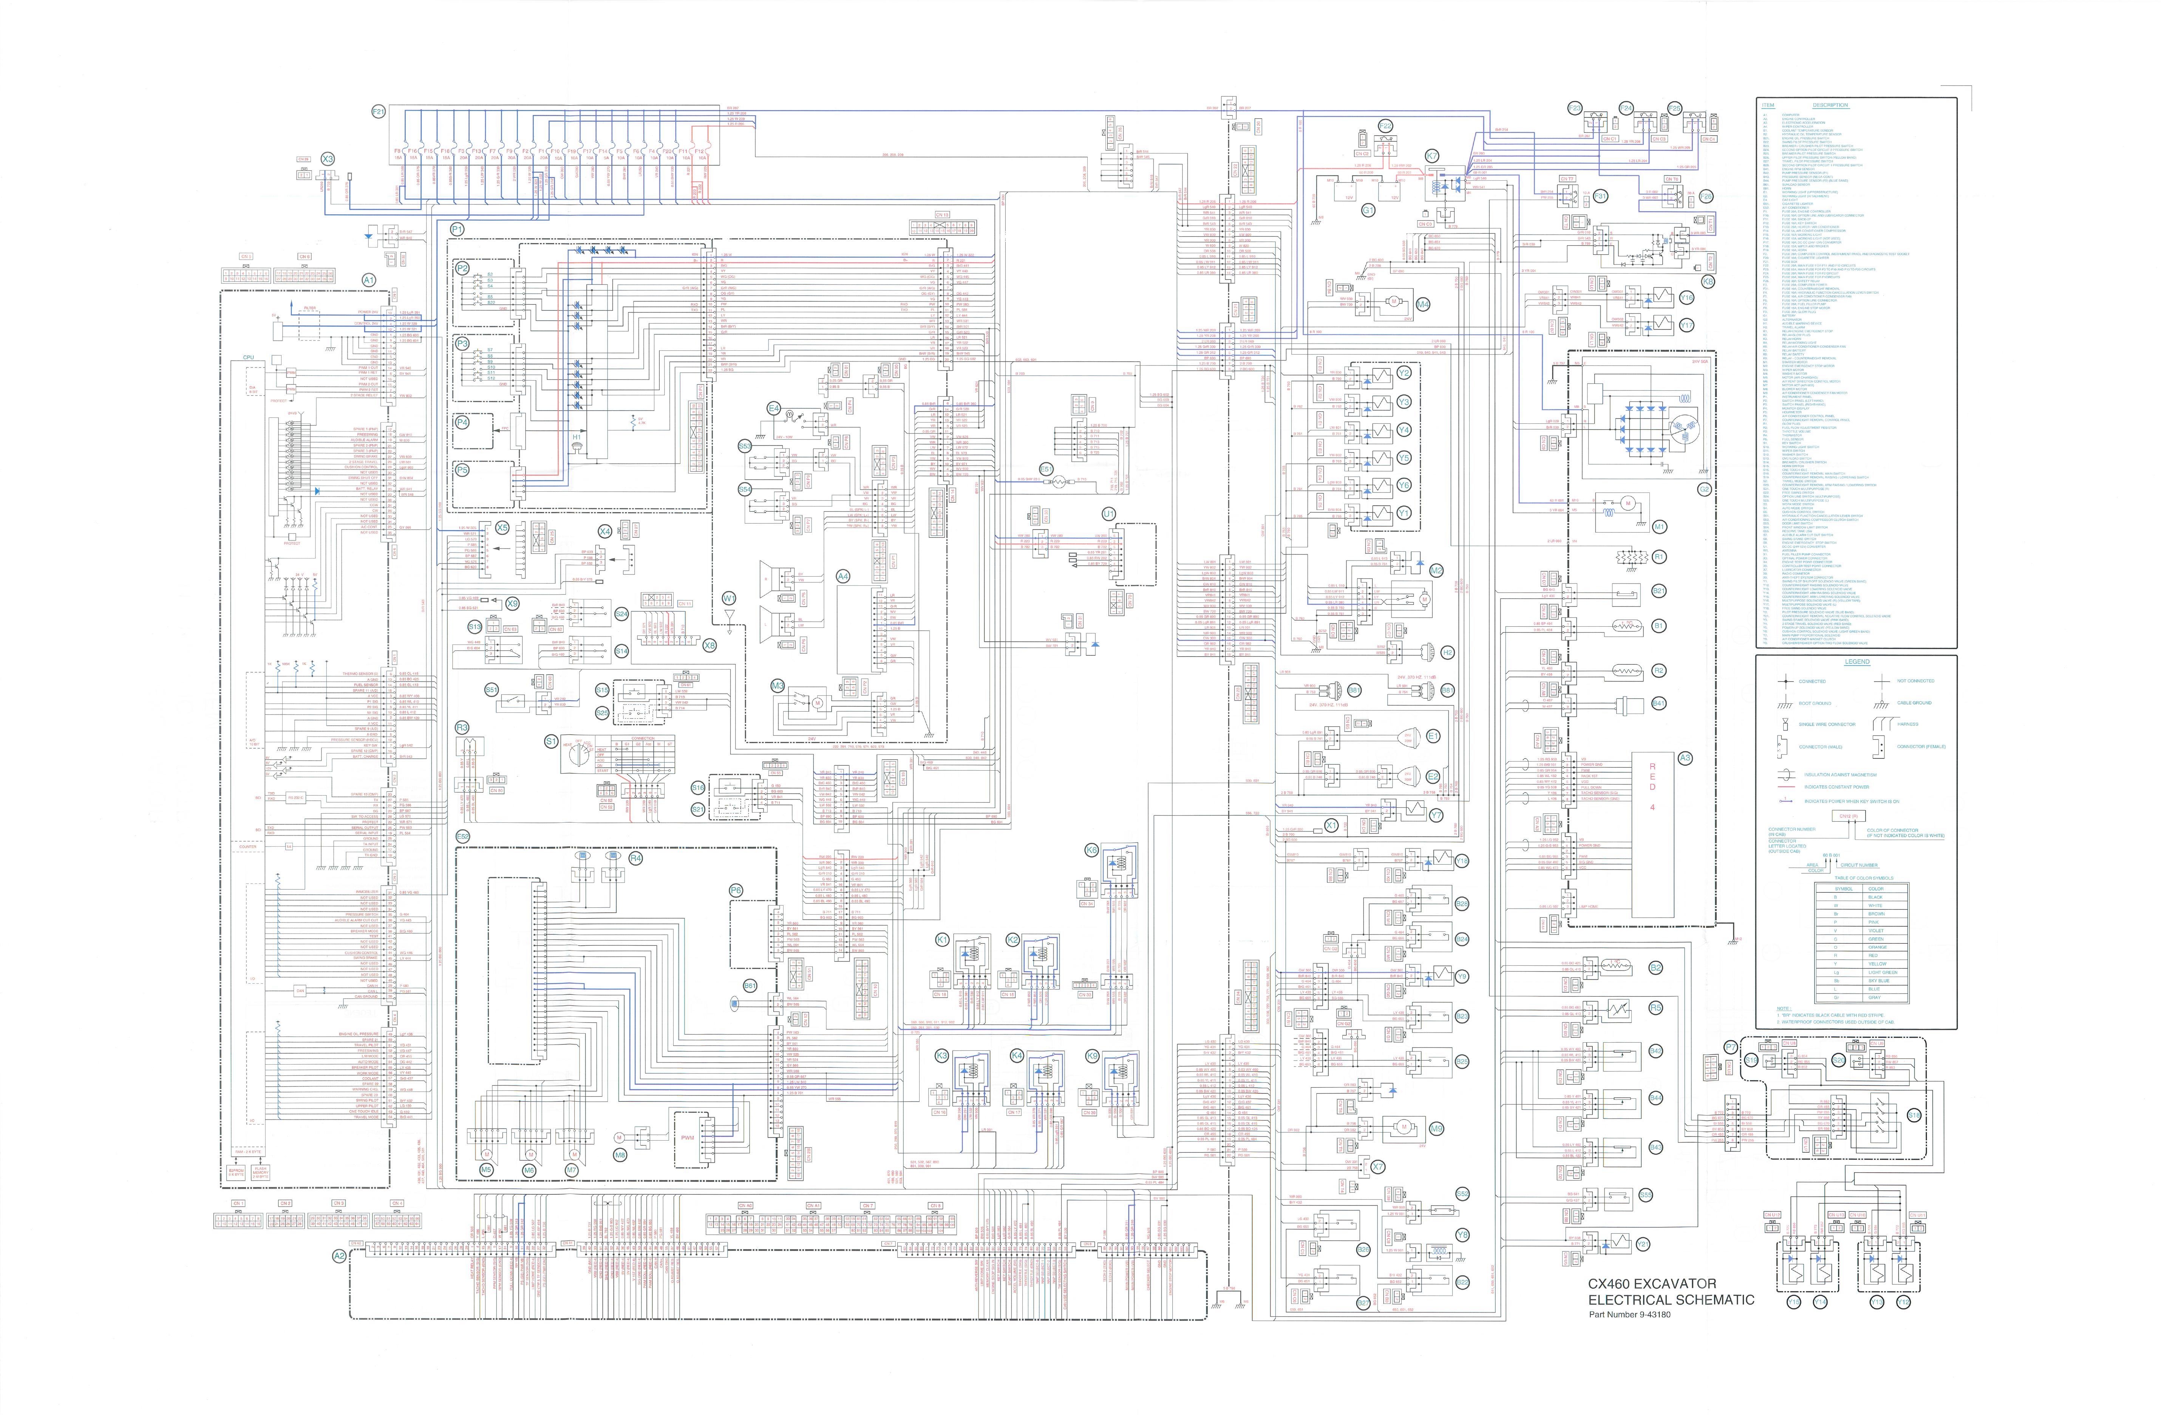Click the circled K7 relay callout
pos(1432,156)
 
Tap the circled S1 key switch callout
pos(550,742)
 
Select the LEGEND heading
pos(1857,662)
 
